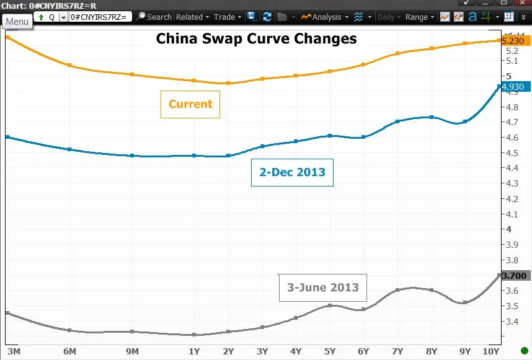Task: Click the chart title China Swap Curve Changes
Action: (x=256, y=38)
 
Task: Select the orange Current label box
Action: (x=190, y=105)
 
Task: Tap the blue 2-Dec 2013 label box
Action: (x=292, y=172)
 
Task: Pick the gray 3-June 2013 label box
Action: (x=322, y=288)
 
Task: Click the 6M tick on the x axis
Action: (x=69, y=351)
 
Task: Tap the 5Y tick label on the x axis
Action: (x=329, y=351)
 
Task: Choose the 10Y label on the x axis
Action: (x=491, y=351)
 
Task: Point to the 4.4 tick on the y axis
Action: (x=512, y=168)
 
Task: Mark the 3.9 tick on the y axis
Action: (x=512, y=245)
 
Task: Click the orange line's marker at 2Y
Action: (x=228, y=83)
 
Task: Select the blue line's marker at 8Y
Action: (x=432, y=117)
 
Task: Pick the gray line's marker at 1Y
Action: (x=194, y=335)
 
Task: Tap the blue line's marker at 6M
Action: (x=69, y=149)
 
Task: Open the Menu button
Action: (x=17, y=22)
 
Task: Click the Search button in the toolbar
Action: (x=155, y=17)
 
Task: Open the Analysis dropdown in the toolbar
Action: (x=324, y=17)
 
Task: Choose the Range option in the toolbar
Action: (x=419, y=17)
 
